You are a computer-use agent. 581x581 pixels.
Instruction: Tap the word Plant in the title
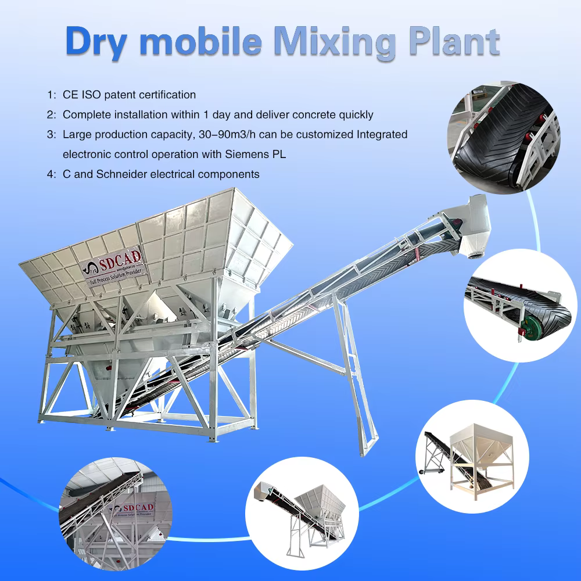coord(456,41)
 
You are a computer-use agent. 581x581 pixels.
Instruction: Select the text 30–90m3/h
coord(227,134)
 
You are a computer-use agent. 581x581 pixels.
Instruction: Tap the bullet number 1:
coord(52,95)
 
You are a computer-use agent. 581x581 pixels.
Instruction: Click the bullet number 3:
coord(52,135)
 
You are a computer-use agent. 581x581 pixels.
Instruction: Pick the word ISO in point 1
coord(91,95)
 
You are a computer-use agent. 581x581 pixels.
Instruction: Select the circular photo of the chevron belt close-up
coord(504,137)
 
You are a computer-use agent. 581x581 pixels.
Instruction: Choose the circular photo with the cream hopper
coord(472,457)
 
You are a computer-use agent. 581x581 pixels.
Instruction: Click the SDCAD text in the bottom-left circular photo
coord(139,507)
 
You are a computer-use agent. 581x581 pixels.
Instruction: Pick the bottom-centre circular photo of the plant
coord(302,513)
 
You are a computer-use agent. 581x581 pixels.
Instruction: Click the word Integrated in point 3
coord(382,135)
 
